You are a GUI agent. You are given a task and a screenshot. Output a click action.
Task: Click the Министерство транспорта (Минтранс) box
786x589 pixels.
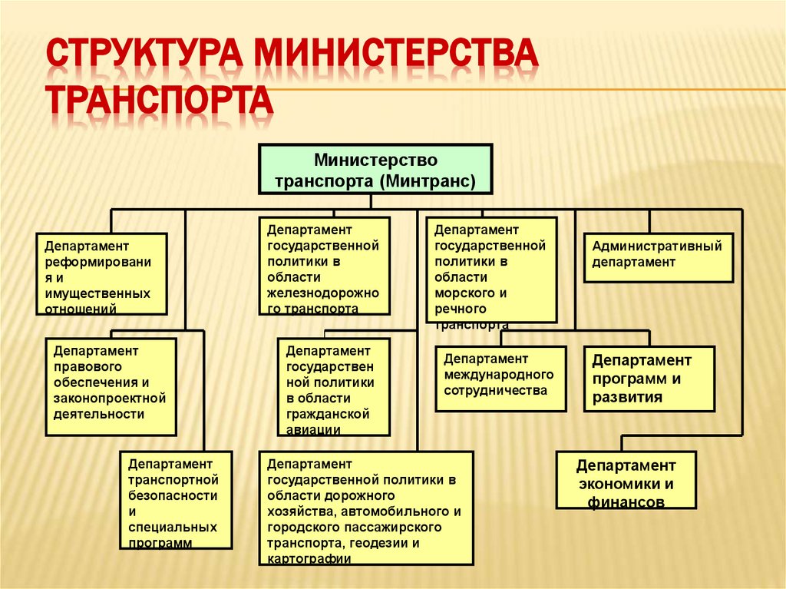pyautogui.click(x=375, y=170)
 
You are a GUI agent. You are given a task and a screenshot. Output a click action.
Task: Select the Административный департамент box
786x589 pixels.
pyautogui.click(x=658, y=257)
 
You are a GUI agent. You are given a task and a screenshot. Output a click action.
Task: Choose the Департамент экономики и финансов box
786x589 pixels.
pyautogui.click(x=626, y=480)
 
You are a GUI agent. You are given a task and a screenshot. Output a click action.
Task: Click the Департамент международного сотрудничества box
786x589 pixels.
pyautogui.click(x=500, y=379)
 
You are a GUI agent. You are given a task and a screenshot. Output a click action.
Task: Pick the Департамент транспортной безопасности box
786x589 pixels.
pyautogui.click(x=176, y=500)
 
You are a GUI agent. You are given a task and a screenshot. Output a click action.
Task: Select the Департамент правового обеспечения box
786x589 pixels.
pyautogui.click(x=111, y=387)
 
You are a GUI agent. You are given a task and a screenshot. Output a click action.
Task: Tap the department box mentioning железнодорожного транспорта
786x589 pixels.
pyautogui.click(x=324, y=266)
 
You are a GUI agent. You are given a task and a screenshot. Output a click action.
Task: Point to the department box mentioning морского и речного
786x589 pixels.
pyautogui.click(x=491, y=270)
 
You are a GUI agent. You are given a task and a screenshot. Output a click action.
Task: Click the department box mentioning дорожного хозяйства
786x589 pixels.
pyautogui.click(x=365, y=508)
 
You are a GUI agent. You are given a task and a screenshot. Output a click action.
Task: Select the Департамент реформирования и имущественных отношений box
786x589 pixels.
pyautogui.click(x=101, y=274)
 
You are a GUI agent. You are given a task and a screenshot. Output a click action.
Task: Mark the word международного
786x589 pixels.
pyautogui.click(x=498, y=374)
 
